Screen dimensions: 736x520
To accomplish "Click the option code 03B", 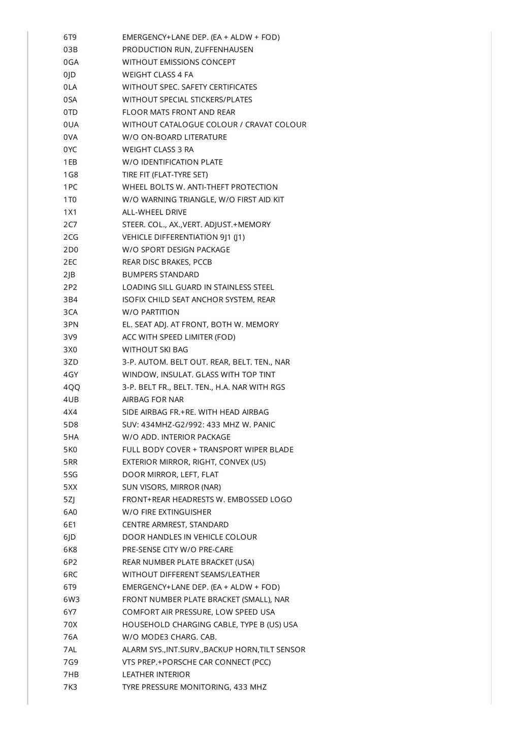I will click(71, 50).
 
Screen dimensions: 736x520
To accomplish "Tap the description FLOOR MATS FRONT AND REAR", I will click(179, 112).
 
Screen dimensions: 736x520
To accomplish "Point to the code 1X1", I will click(70, 212).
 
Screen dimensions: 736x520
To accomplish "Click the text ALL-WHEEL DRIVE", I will click(154, 212).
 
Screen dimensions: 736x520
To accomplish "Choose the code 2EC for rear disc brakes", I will click(71, 262).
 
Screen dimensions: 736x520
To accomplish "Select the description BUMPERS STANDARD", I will click(160, 275).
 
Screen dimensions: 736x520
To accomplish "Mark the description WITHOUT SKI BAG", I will click(155, 350).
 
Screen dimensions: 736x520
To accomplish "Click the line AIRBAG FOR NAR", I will click(153, 400).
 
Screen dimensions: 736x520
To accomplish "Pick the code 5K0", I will click(71, 450).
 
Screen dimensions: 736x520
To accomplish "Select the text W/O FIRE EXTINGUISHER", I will click(167, 512).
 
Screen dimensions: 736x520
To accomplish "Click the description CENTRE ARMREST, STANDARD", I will click(175, 525).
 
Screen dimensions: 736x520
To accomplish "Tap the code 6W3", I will click(72, 600).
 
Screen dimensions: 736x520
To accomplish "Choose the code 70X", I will click(71, 625).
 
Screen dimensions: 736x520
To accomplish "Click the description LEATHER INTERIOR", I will click(156, 674).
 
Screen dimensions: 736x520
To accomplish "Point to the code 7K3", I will click(71, 687).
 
